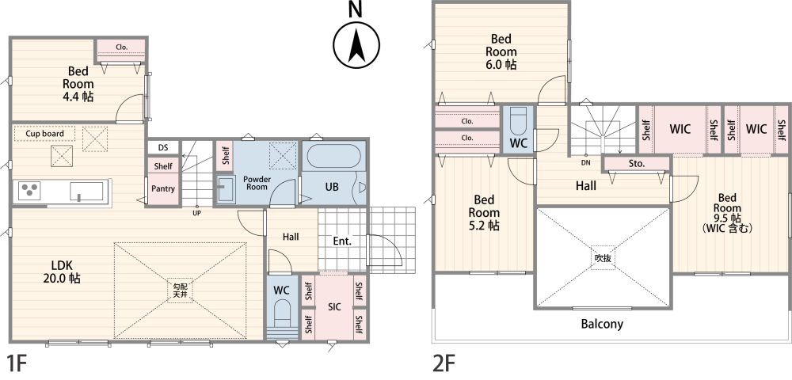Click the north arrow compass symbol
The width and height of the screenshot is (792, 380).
click(x=356, y=45)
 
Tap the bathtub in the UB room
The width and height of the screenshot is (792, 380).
click(x=334, y=156)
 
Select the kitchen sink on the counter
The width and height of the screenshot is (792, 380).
click(x=86, y=192)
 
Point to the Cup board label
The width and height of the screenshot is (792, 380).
click(x=45, y=134)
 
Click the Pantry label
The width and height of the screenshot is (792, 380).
click(x=163, y=188)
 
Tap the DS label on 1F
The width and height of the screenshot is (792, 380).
click(x=163, y=148)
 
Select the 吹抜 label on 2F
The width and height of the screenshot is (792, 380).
click(x=603, y=258)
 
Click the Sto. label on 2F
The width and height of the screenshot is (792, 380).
click(x=637, y=164)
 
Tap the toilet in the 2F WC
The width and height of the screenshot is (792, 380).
click(x=518, y=120)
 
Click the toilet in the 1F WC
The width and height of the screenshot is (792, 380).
click(x=282, y=313)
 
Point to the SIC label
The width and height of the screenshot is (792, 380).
click(x=334, y=307)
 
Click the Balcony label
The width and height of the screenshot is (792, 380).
click(x=602, y=324)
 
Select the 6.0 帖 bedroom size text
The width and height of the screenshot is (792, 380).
click(x=501, y=65)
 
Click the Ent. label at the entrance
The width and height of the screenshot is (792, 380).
click(x=342, y=241)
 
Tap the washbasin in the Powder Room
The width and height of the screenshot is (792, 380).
click(x=226, y=188)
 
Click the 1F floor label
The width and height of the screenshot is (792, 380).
click(x=16, y=363)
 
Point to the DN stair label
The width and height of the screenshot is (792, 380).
click(x=586, y=162)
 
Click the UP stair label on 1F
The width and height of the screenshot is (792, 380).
click(x=197, y=213)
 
